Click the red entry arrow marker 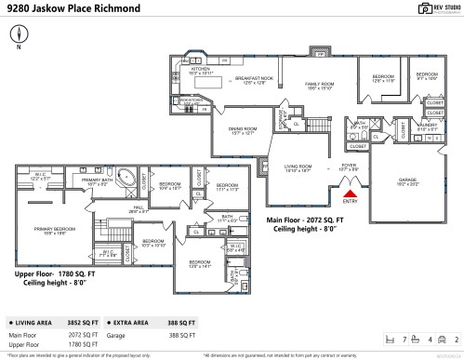[350, 192]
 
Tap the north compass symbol [19, 38]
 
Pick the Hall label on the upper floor [138, 210]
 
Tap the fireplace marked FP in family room [321, 56]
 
